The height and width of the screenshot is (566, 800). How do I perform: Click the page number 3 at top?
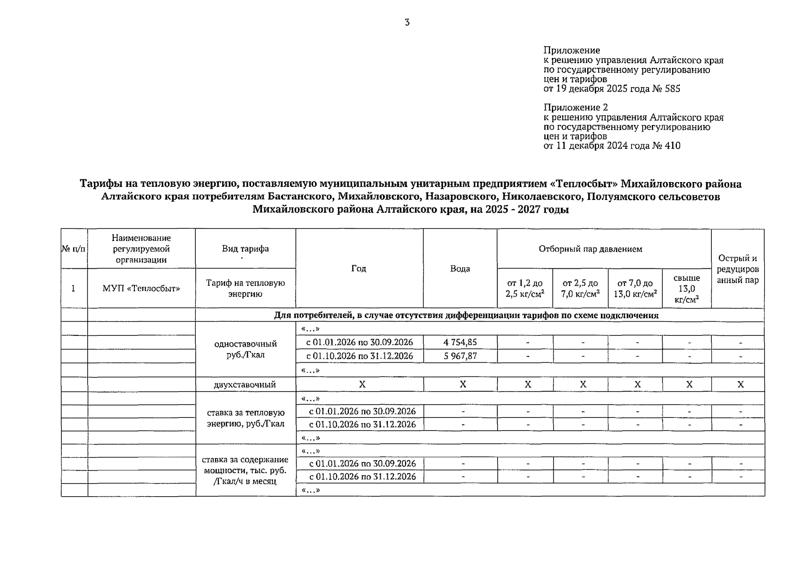point(407,23)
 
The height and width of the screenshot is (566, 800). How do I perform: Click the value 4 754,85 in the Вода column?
point(460,342)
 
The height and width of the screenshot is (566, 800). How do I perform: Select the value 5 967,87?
point(460,356)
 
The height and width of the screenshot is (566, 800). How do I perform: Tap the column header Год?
point(358,268)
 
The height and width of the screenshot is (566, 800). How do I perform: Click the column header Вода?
point(460,269)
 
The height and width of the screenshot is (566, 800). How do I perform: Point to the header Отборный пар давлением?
point(590,249)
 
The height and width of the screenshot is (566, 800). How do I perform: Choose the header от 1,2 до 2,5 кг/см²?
point(525,289)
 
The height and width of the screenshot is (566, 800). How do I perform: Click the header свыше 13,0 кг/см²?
point(686,289)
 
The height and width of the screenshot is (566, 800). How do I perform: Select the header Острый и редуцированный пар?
point(737,269)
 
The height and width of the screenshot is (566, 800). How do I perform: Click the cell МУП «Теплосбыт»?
point(141,289)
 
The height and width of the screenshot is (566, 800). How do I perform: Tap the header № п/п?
point(74,249)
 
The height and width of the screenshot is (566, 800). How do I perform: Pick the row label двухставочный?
point(245,385)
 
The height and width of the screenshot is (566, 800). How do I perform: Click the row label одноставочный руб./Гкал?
point(245,349)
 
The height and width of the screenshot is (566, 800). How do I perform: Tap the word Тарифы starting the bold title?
point(100,184)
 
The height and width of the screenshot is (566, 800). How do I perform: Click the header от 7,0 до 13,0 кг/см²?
point(635,289)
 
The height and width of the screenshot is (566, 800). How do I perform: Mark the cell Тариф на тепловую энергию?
point(245,289)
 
